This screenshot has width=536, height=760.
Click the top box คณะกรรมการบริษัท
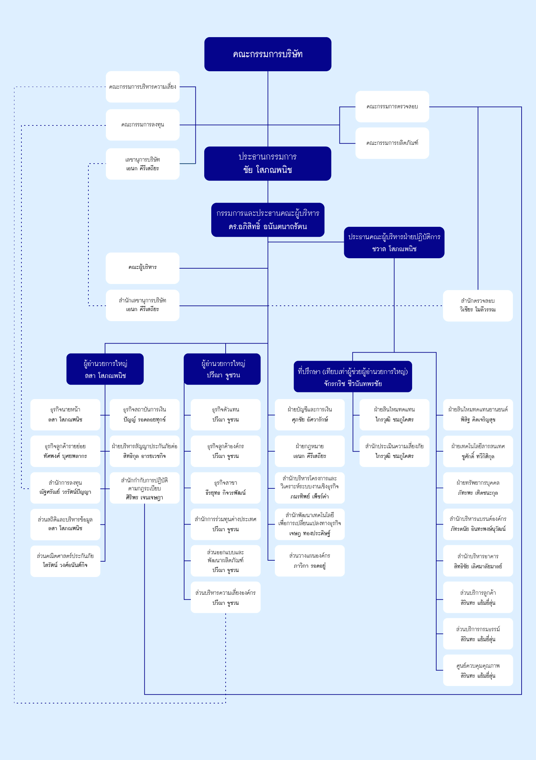point(268,54)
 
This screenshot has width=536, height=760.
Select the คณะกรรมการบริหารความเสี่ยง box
point(143,87)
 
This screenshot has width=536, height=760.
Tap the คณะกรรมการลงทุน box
point(143,125)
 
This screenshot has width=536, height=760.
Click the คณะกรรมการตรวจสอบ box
point(392,107)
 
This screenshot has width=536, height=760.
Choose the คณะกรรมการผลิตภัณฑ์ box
point(392,143)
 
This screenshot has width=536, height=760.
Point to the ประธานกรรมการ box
point(268,164)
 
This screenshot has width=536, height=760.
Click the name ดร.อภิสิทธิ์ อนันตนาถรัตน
point(268,227)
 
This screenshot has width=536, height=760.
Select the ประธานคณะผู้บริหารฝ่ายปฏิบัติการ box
point(394,243)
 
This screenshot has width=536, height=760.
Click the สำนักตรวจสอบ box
point(478,305)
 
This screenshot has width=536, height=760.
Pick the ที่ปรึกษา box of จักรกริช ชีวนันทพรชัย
point(353,376)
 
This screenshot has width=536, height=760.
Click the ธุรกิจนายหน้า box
point(65,414)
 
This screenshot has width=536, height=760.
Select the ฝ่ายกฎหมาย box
point(310,451)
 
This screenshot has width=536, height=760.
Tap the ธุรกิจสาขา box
point(226,488)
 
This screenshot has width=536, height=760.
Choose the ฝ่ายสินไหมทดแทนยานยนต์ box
point(478,414)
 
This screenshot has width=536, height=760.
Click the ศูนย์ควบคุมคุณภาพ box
point(478,670)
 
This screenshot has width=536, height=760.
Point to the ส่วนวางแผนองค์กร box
point(310,561)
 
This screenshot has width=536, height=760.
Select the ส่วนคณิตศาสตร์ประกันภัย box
point(65,561)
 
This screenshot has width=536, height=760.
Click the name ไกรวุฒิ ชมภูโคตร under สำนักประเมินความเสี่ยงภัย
point(394,456)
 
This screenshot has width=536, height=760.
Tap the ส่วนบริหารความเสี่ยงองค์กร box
point(226,597)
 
